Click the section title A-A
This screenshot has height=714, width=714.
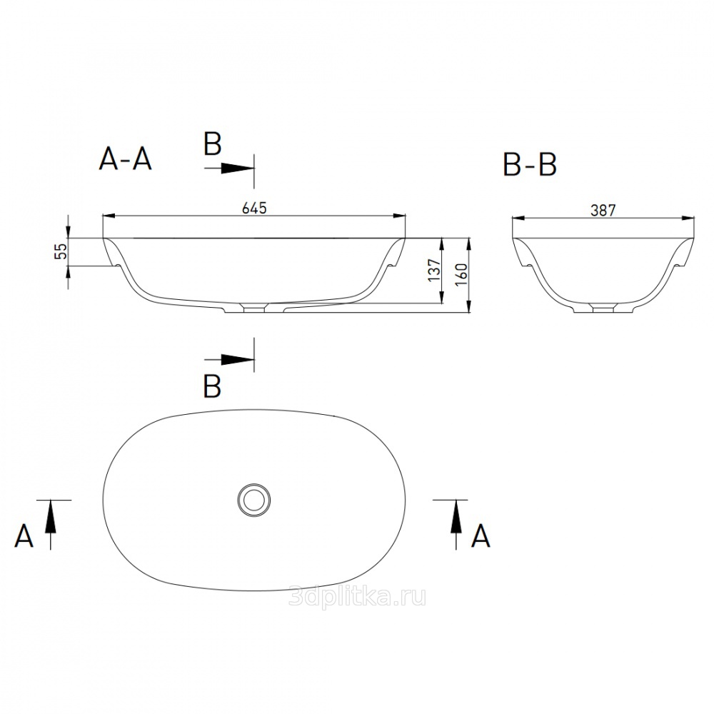click(125, 160)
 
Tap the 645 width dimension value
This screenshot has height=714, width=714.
click(254, 208)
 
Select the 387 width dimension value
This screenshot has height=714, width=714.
click(603, 211)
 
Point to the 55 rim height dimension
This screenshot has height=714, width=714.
click(61, 251)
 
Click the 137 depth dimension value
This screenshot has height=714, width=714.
click(435, 270)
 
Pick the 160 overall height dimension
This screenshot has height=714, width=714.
click(461, 275)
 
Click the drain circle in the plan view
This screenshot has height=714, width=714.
click(253, 500)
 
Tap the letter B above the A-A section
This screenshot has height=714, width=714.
click(213, 144)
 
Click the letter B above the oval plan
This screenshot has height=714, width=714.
click(213, 386)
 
